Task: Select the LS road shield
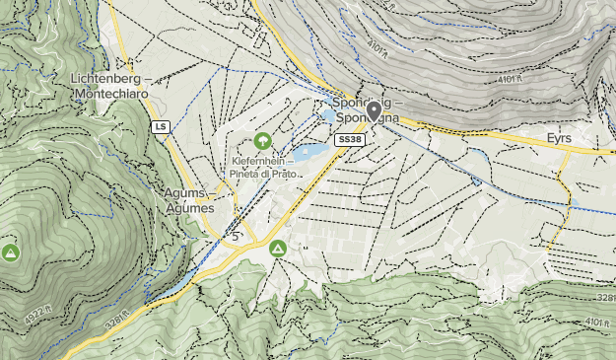click(x=160, y=126)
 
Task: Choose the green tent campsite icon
click(x=279, y=249)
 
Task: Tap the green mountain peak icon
click(x=11, y=252)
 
